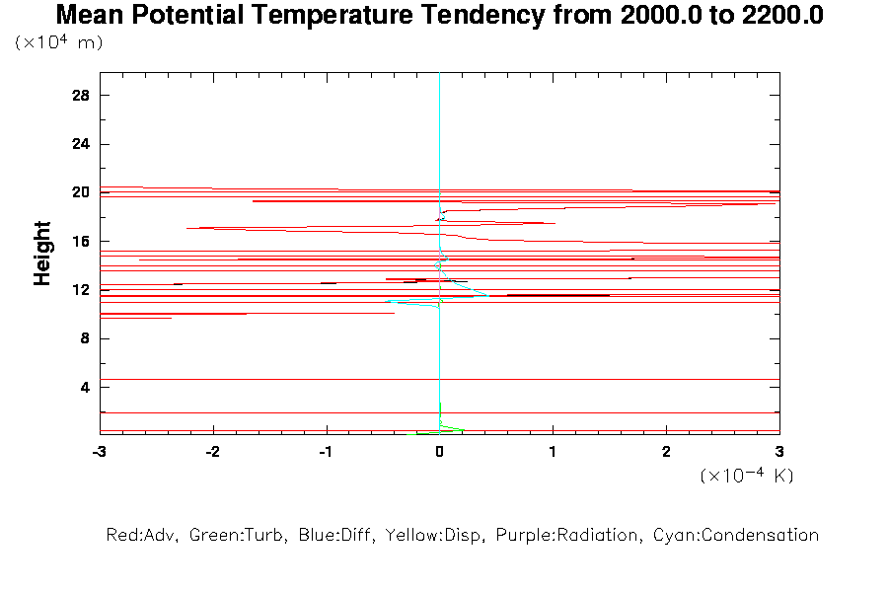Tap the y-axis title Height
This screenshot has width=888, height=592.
tap(42, 254)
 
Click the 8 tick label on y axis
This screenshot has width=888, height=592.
tap(85, 338)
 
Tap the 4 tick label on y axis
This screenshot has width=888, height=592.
tap(85, 387)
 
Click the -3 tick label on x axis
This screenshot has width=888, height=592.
tap(99, 451)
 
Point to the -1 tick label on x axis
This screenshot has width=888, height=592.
tap(326, 451)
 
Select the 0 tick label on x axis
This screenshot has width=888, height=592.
tap(439, 451)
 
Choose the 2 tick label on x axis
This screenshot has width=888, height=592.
tap(667, 451)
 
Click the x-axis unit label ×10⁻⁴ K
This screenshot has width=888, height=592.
tap(747, 475)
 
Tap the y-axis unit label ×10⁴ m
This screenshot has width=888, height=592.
tap(59, 42)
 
